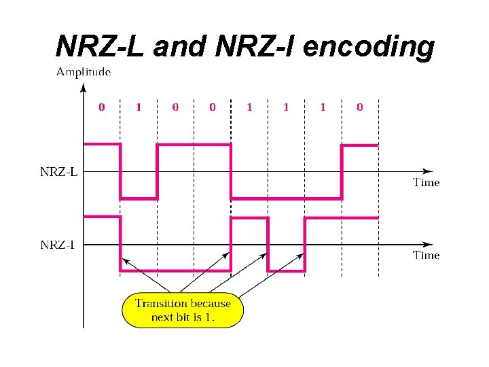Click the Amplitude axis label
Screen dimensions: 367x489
click(84, 71)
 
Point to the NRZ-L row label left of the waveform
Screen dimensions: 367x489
click(58, 172)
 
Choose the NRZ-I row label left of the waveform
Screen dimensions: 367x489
click(58, 245)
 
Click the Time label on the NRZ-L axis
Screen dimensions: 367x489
click(427, 182)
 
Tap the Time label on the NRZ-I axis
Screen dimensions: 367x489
click(427, 256)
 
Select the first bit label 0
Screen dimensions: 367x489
click(102, 107)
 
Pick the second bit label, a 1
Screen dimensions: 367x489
click(139, 107)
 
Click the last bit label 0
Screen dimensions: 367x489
click(359, 107)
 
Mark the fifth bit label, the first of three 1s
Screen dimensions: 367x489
click(249, 107)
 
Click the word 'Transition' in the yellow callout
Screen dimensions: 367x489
click(162, 303)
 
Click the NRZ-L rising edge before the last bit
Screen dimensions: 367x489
click(342, 171)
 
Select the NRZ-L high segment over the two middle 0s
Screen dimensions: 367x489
click(194, 144)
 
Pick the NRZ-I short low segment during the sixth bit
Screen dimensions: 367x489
click(286, 271)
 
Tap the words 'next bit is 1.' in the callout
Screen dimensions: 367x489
click(183, 317)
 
